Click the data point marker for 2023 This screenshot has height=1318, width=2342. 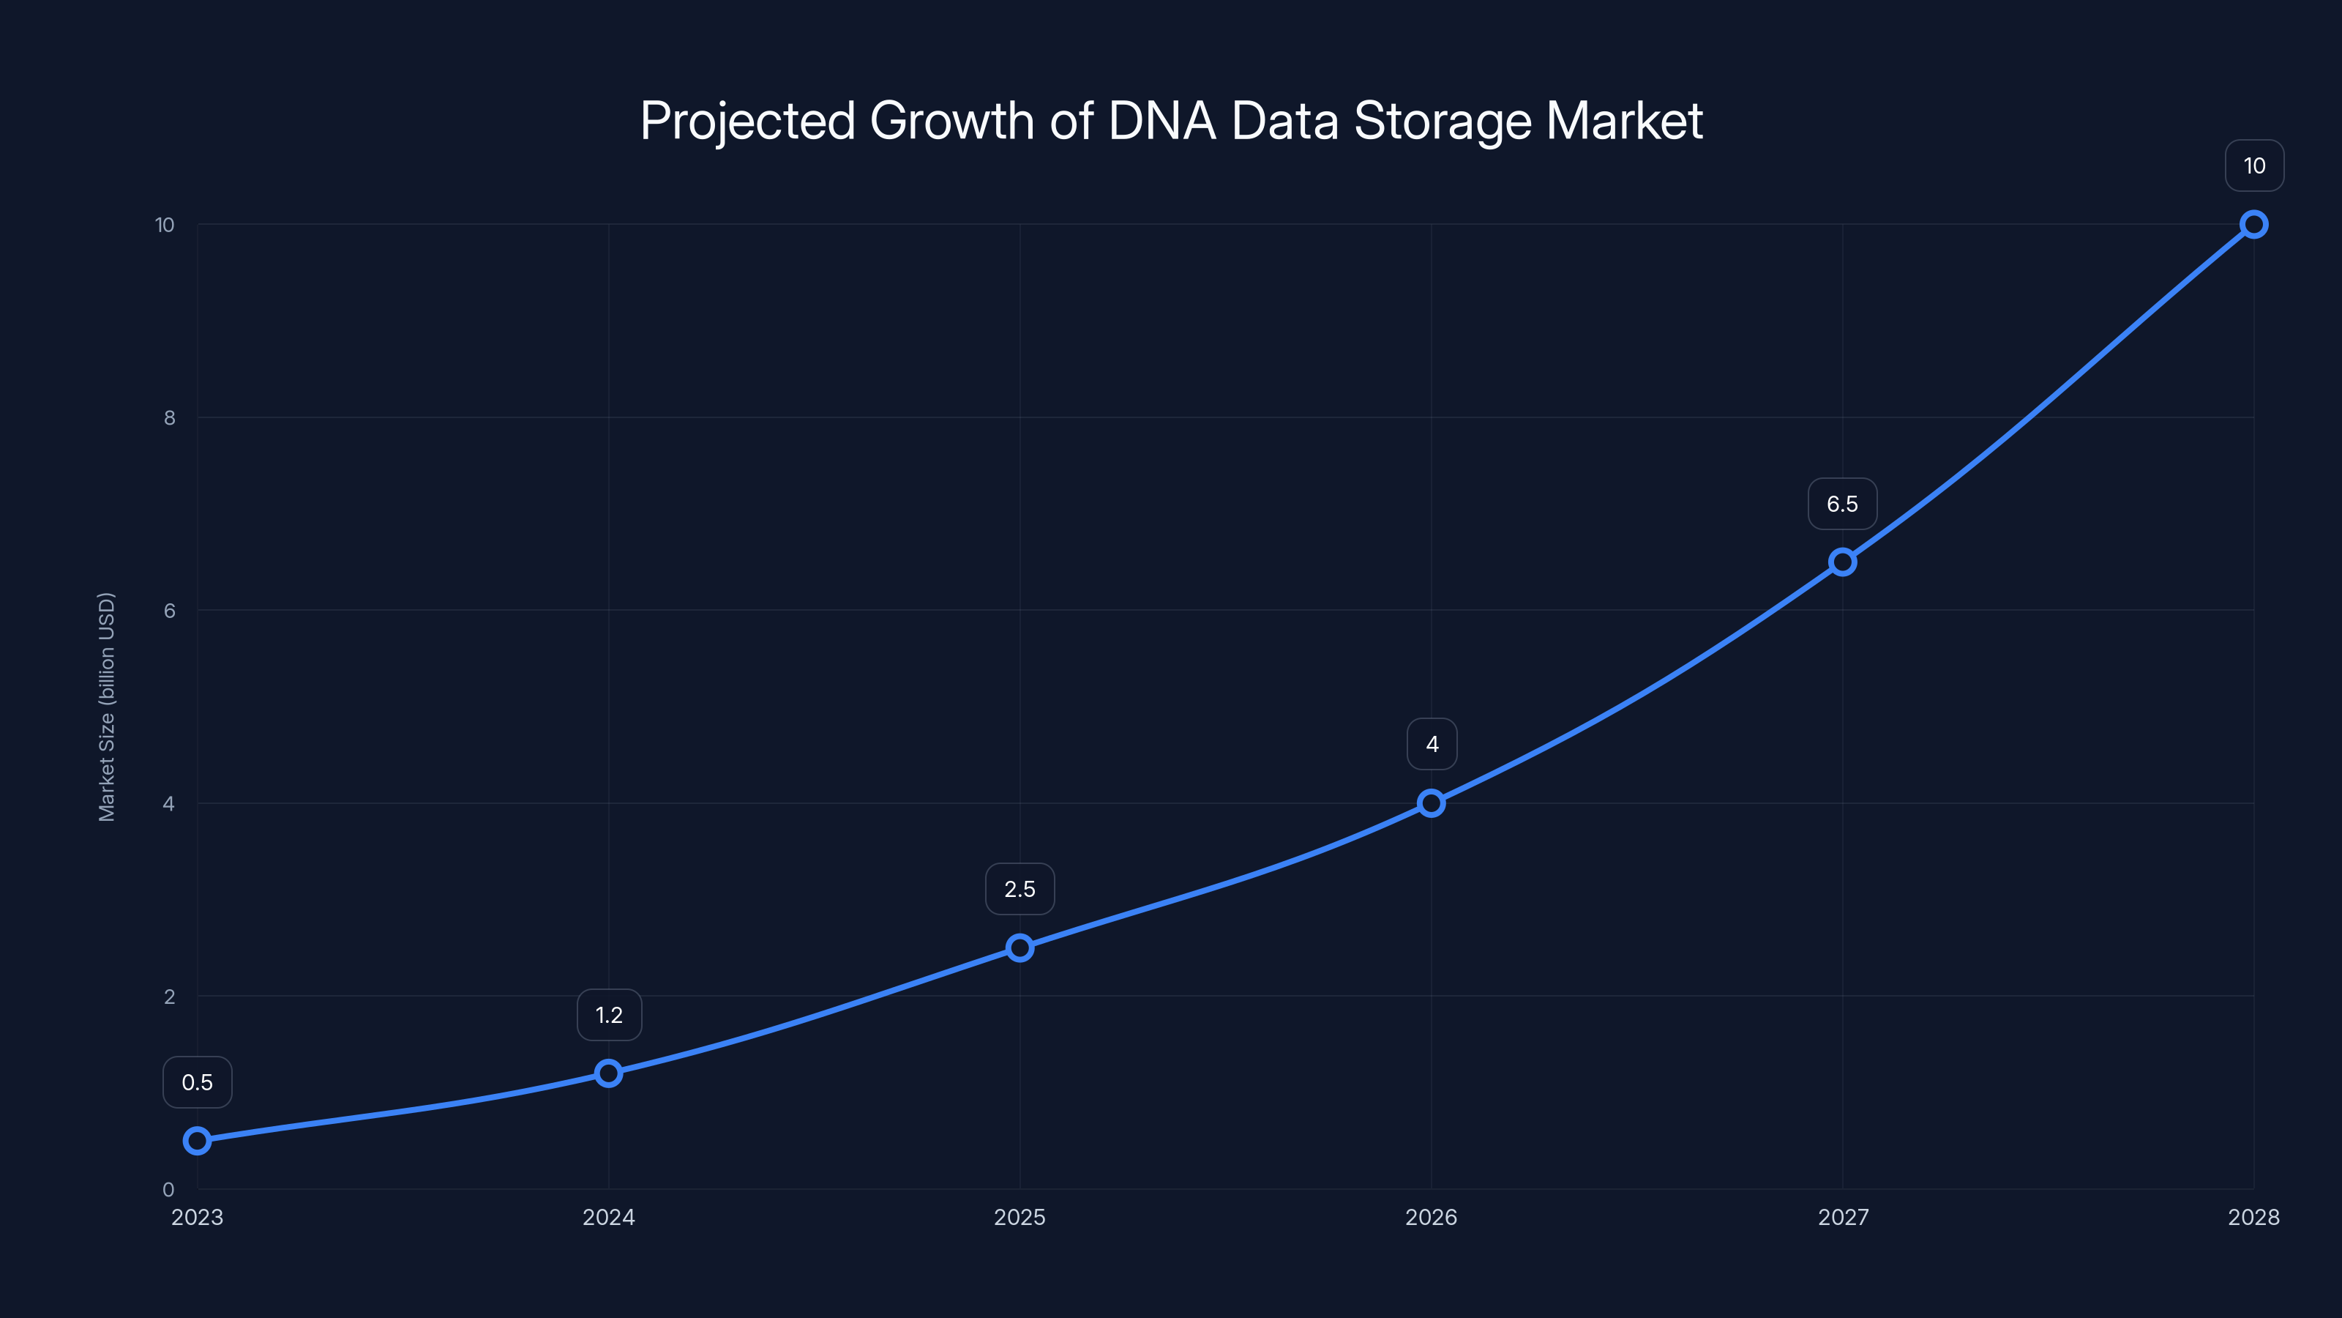click(x=198, y=1141)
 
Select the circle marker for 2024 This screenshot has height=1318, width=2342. click(x=608, y=1073)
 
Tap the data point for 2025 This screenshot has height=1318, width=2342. click(x=1020, y=947)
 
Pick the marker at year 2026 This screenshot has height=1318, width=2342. click(x=1431, y=803)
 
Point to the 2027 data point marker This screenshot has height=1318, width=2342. click(x=1843, y=562)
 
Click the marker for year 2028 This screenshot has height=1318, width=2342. click(x=2254, y=225)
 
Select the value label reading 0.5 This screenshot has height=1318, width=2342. click(x=198, y=1082)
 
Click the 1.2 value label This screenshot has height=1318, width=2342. click(x=609, y=1015)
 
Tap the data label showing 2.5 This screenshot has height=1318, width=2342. click(x=1020, y=889)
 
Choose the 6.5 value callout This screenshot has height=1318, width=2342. click(x=1843, y=504)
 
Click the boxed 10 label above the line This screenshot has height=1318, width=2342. click(x=2255, y=165)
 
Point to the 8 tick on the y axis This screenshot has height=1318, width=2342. click(x=169, y=417)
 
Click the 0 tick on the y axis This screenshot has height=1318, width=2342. click(x=168, y=1189)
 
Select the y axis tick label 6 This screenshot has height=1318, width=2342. click(x=169, y=611)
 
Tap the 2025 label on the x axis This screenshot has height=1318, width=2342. click(x=1020, y=1217)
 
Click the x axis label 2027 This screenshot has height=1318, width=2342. click(x=1843, y=1217)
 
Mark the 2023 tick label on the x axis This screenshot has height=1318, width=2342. click(x=198, y=1217)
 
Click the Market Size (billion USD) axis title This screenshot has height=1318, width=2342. click(x=106, y=707)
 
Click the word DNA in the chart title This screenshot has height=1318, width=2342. click(x=1162, y=121)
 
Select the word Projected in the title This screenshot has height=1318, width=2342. click(x=747, y=121)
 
